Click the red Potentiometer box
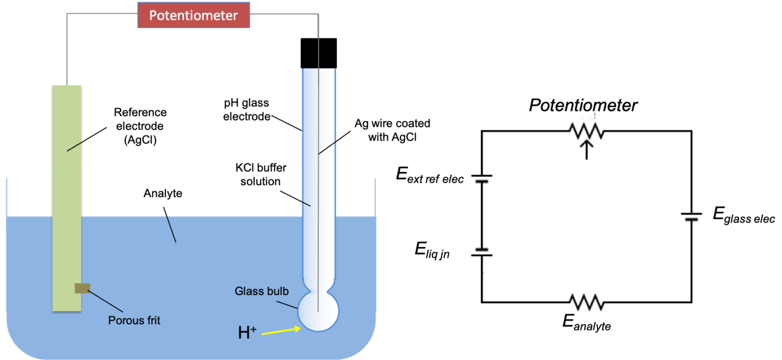point(193,15)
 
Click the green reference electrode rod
point(67,204)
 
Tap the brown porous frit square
point(82,288)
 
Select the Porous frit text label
point(134,321)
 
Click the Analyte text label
point(162,193)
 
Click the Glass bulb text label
point(262,291)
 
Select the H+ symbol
point(247,333)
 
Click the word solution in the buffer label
point(260,182)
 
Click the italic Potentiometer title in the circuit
point(583,105)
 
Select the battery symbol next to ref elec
point(482,179)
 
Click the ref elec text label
point(444,179)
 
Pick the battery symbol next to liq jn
point(482,252)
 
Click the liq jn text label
point(437,254)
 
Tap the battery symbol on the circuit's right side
point(691,216)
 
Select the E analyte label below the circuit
point(586,323)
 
